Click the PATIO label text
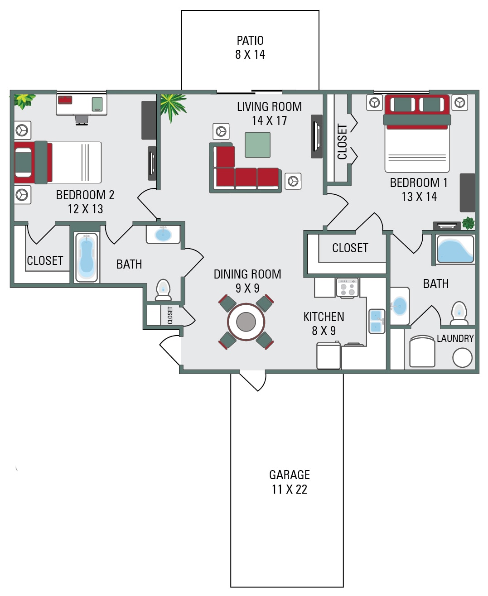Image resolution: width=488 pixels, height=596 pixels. (x=250, y=41)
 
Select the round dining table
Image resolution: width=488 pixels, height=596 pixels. (x=246, y=322)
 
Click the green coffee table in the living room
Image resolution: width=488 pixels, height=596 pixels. (x=257, y=145)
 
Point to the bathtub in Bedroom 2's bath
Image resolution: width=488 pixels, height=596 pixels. (x=86, y=257)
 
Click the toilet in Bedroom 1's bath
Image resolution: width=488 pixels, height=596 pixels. (x=459, y=313)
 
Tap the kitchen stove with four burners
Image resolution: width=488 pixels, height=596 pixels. (x=348, y=287)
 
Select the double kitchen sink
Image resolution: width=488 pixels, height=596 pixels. (x=377, y=321)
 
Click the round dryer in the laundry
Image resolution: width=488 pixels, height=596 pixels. (x=462, y=358)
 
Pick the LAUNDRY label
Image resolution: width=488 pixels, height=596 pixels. (x=455, y=338)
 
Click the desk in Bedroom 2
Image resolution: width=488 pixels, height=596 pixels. (x=82, y=104)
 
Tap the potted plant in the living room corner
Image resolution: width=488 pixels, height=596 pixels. (x=172, y=106)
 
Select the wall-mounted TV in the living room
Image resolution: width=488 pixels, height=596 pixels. (x=316, y=136)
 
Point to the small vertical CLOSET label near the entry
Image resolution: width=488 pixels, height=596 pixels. (x=170, y=315)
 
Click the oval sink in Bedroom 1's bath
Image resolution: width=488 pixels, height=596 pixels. (x=400, y=306)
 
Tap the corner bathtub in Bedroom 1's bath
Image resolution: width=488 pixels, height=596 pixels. (x=455, y=249)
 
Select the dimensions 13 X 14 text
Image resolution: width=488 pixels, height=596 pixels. (x=419, y=197)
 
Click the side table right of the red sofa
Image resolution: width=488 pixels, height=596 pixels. (x=293, y=181)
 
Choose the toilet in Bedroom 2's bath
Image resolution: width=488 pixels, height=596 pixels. (x=163, y=289)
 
